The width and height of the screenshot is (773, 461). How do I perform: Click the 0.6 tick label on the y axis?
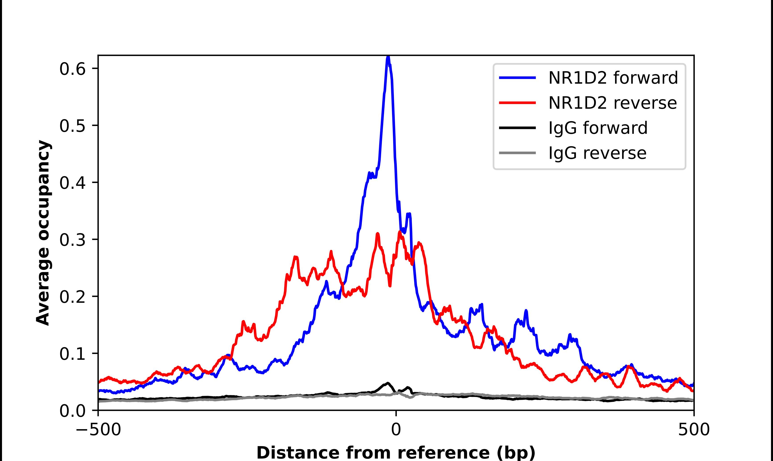pos(72,69)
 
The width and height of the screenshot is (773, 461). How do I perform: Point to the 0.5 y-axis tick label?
pos(72,126)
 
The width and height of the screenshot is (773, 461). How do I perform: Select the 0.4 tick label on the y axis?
pos(72,183)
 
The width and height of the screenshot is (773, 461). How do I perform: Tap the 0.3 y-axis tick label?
pos(72,240)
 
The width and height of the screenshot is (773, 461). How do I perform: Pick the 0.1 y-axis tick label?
pos(72,354)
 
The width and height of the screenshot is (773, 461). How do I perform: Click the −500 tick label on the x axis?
pos(98,430)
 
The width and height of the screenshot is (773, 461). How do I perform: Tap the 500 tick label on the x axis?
pos(694,430)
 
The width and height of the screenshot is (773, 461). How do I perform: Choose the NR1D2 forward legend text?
pos(613,78)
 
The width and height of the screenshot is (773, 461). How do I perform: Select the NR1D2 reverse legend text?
pos(612,103)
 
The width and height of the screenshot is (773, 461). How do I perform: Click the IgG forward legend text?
pos(598,128)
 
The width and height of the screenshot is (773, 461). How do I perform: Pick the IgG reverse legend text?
pos(597,153)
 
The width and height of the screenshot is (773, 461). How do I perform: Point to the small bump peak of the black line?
pos(388,383)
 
